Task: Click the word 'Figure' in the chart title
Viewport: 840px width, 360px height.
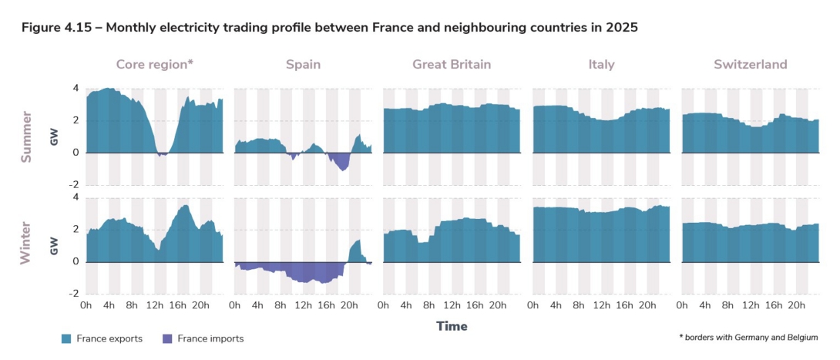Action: tap(41, 28)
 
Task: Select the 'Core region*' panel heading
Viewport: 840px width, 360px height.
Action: tap(154, 65)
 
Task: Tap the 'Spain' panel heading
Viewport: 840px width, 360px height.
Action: tap(303, 65)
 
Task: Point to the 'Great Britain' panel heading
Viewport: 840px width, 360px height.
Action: tap(452, 65)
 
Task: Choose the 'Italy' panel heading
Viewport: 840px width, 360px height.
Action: tap(601, 65)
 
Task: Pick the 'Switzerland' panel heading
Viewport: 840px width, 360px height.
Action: tap(750, 65)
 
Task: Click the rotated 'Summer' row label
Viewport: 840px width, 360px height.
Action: tap(27, 136)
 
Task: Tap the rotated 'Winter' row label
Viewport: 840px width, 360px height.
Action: tap(27, 243)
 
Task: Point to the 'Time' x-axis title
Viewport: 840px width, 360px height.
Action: tap(452, 326)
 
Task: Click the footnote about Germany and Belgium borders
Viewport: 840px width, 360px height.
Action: tap(748, 338)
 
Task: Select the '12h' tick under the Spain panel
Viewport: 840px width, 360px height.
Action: tap(303, 306)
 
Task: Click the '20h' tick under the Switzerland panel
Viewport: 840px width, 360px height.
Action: tap(796, 306)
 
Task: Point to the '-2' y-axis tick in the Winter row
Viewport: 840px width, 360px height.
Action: tap(74, 294)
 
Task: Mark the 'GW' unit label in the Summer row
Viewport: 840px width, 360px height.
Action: tap(54, 137)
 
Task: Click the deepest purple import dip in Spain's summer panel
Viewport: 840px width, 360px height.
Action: tap(342, 169)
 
